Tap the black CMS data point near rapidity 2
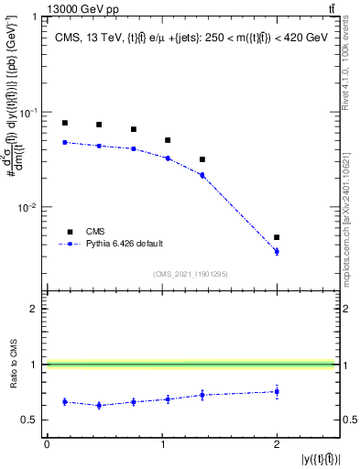pos(277,237)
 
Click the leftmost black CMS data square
pos(65,123)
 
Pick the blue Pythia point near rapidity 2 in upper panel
pos(277,251)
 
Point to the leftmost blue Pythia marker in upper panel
pos(65,142)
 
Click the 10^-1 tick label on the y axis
pos(29,112)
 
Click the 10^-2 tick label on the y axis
pos(29,208)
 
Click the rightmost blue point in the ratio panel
pos(277,391)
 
